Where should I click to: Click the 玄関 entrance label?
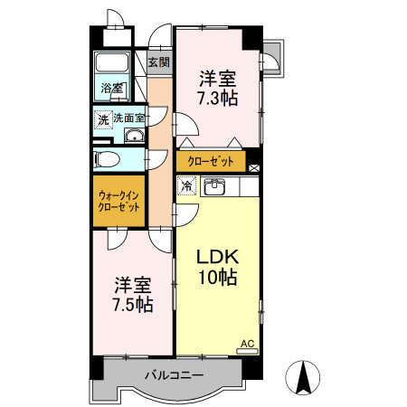tap(158, 62)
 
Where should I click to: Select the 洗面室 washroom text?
tap(128, 118)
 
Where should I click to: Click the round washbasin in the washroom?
tap(134, 137)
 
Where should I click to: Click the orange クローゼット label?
tap(211, 162)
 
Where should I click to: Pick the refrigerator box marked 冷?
tap(186, 186)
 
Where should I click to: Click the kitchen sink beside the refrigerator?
tap(215, 187)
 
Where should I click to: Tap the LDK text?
tap(217, 256)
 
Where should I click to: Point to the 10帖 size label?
tap(217, 278)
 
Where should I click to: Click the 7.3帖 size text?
tap(218, 97)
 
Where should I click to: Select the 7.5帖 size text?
tap(133, 304)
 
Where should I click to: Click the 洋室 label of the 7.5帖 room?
tap(133, 284)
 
